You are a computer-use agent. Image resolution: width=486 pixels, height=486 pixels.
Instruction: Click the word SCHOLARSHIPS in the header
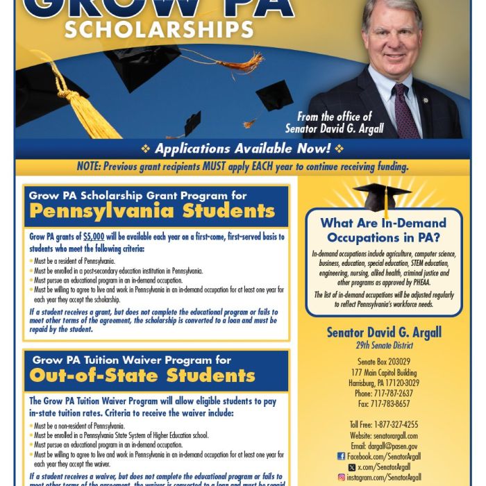click(159, 29)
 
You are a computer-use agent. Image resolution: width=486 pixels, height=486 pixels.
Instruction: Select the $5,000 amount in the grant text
click(94, 237)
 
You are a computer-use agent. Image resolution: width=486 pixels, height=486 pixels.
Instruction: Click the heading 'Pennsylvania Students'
click(152, 211)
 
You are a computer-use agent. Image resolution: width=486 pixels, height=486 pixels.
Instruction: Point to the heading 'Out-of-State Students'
click(142, 376)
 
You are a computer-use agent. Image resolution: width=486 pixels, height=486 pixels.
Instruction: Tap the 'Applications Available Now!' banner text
click(242, 149)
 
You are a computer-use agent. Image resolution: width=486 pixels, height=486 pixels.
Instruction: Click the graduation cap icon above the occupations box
click(382, 197)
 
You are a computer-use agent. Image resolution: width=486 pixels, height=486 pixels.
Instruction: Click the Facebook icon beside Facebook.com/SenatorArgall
click(341, 456)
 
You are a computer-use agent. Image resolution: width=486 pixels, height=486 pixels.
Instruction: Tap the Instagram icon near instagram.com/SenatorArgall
click(341, 477)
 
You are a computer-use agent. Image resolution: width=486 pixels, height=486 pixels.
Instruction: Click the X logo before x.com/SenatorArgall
click(352, 467)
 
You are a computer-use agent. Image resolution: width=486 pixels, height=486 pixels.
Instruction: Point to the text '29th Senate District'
click(384, 345)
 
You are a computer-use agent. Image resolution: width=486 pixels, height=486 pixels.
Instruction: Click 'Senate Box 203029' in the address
click(384, 362)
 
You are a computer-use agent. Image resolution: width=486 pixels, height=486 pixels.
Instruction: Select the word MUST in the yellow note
click(212, 167)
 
